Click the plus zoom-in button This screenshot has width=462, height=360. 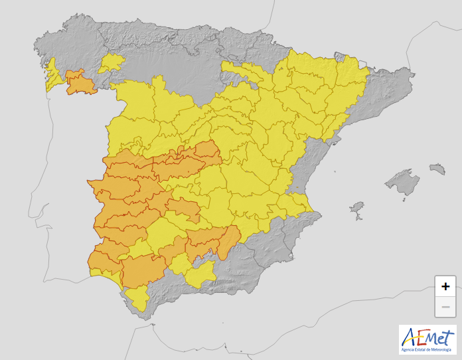click(445, 286)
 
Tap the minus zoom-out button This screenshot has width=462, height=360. click(445, 307)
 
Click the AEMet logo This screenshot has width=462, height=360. click(427, 339)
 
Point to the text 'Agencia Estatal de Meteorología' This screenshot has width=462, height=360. click(427, 349)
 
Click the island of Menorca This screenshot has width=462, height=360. click(436, 168)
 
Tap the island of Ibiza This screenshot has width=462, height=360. click(357, 209)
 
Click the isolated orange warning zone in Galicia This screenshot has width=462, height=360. click(80, 82)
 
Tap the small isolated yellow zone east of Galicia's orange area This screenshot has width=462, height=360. click(112, 63)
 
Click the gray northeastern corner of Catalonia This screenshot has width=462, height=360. click(385, 86)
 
